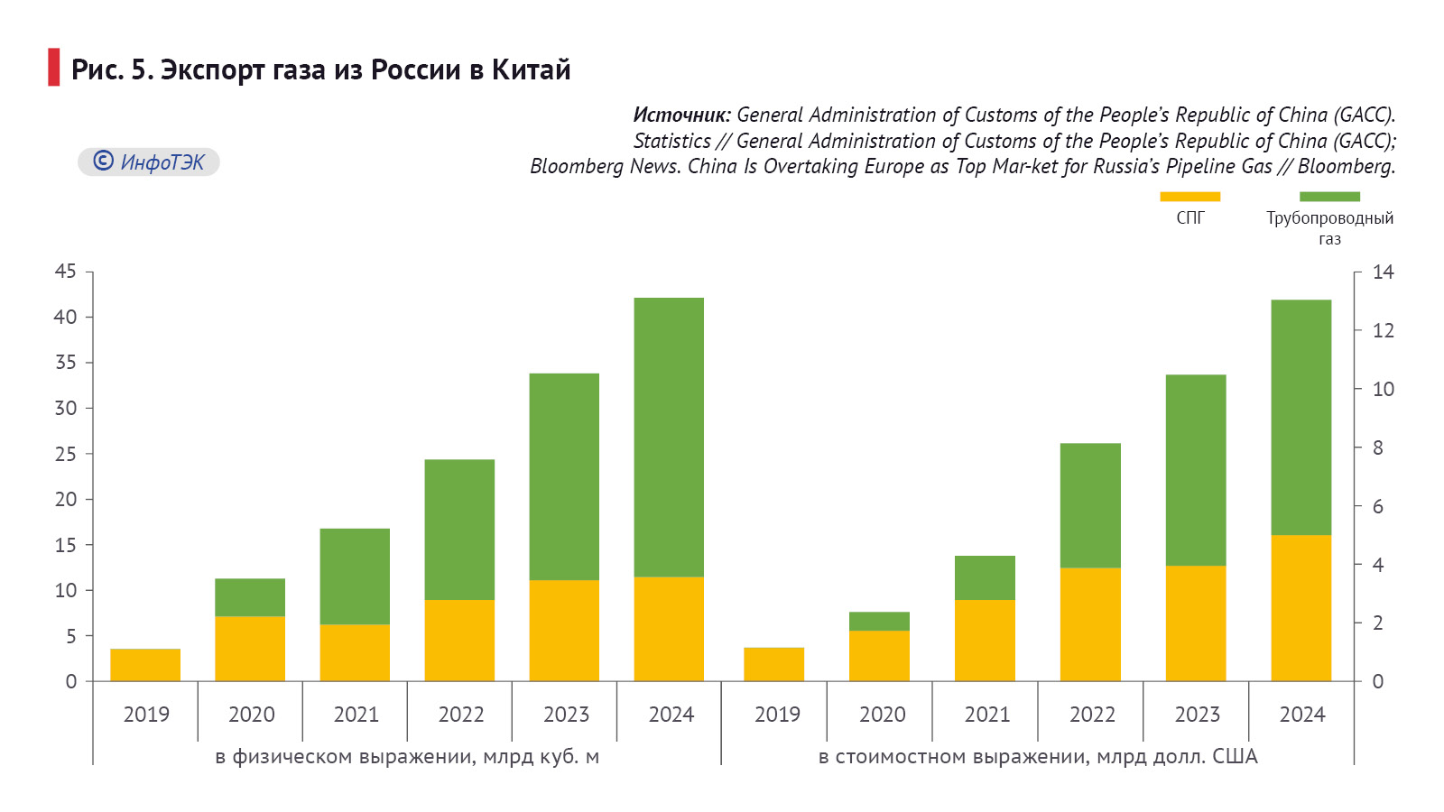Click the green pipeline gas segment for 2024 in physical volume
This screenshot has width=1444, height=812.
tap(669, 437)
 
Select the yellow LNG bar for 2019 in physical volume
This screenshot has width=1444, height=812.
tap(145, 665)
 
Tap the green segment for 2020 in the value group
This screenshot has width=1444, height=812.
tap(879, 622)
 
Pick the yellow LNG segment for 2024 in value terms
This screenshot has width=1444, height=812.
tap(1301, 608)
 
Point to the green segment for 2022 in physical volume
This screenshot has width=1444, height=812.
tap(459, 530)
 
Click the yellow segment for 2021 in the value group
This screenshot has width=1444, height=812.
tap(985, 641)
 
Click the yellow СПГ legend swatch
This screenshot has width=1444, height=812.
tap(1189, 197)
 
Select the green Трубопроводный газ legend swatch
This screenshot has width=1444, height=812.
tap(1329, 197)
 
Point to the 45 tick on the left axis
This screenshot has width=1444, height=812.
tap(66, 272)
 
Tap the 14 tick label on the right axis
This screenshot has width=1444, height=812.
tap(1383, 272)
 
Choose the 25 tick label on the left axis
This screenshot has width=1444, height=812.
tap(66, 454)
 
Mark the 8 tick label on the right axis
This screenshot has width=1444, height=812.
tap(1378, 448)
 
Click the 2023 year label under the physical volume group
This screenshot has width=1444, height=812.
tap(566, 715)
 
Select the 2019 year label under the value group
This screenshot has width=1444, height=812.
tap(777, 715)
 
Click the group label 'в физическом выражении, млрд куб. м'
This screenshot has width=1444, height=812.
tap(407, 756)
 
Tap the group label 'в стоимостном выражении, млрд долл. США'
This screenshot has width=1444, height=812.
tap(1038, 756)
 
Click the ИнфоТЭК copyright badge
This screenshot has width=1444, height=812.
tap(149, 161)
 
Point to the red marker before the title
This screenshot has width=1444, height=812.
tap(53, 68)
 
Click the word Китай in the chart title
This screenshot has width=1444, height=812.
tap(531, 69)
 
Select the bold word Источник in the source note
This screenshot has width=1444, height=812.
tap(680, 115)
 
